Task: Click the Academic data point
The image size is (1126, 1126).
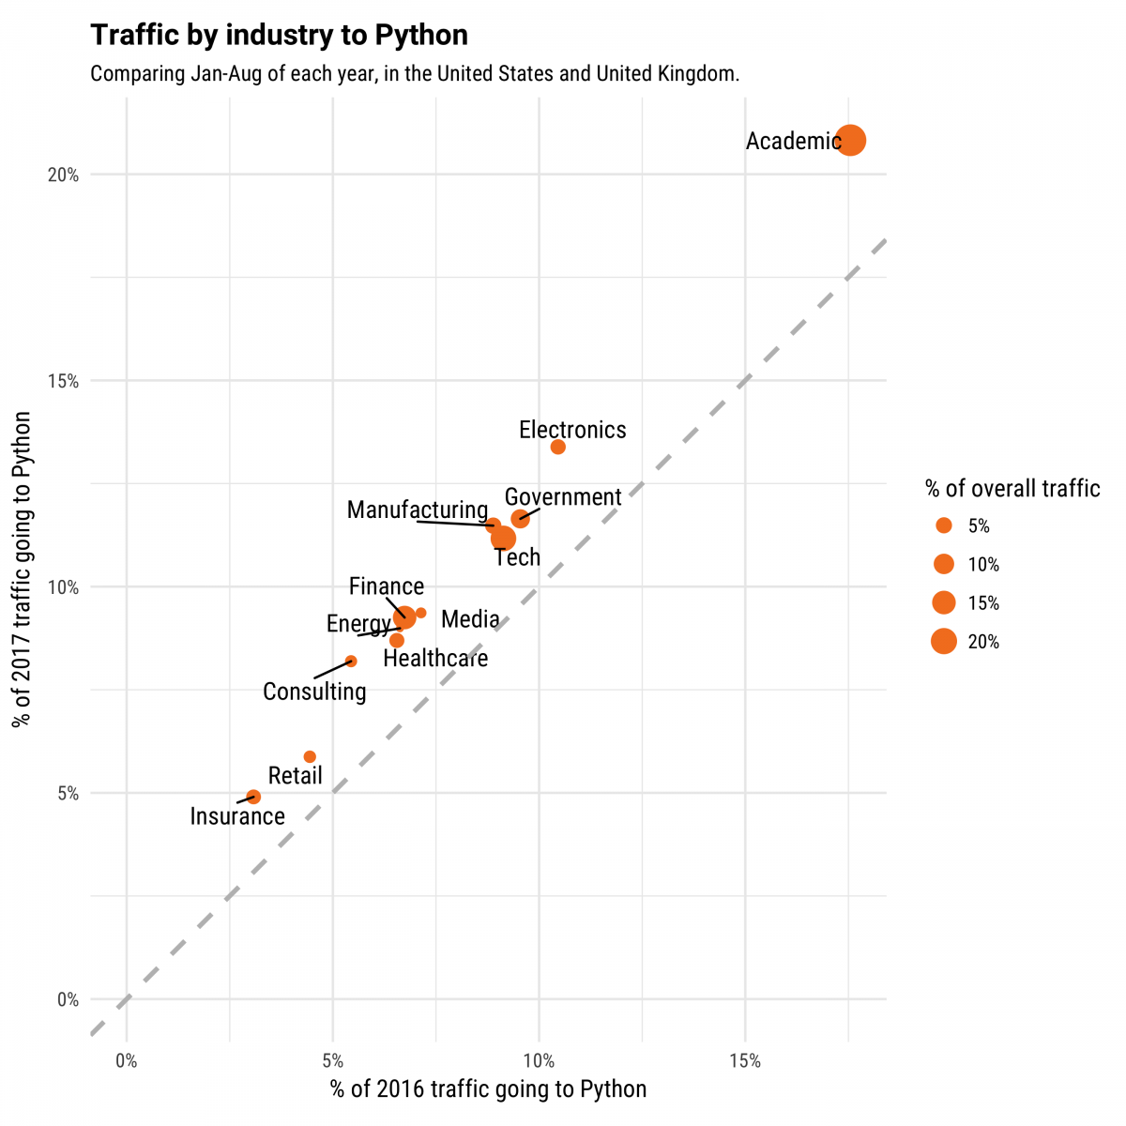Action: pos(850,141)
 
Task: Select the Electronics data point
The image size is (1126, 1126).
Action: pos(557,447)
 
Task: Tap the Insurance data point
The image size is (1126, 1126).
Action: pos(253,797)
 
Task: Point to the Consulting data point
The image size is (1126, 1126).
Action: pos(351,662)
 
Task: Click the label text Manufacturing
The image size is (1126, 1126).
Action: pos(418,510)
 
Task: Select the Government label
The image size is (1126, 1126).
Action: pos(563,497)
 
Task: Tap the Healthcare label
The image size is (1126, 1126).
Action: pos(435,659)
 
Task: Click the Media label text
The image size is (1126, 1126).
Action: pos(470,619)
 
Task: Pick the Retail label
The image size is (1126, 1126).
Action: pos(295,776)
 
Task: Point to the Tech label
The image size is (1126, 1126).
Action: pos(517,557)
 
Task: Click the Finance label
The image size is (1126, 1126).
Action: pos(387,586)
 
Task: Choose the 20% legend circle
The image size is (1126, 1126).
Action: pos(943,642)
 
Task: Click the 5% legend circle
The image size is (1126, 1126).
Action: pos(943,525)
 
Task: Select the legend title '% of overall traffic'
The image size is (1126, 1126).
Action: pos(1012,488)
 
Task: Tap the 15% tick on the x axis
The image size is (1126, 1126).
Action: pos(744,1061)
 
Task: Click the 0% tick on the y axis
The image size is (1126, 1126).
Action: pos(68,999)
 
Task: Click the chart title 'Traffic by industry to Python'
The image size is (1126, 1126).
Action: pos(279,36)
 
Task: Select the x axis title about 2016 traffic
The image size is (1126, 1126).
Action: pos(488,1089)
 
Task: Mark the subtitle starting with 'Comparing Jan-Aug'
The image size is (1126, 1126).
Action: pos(415,73)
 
